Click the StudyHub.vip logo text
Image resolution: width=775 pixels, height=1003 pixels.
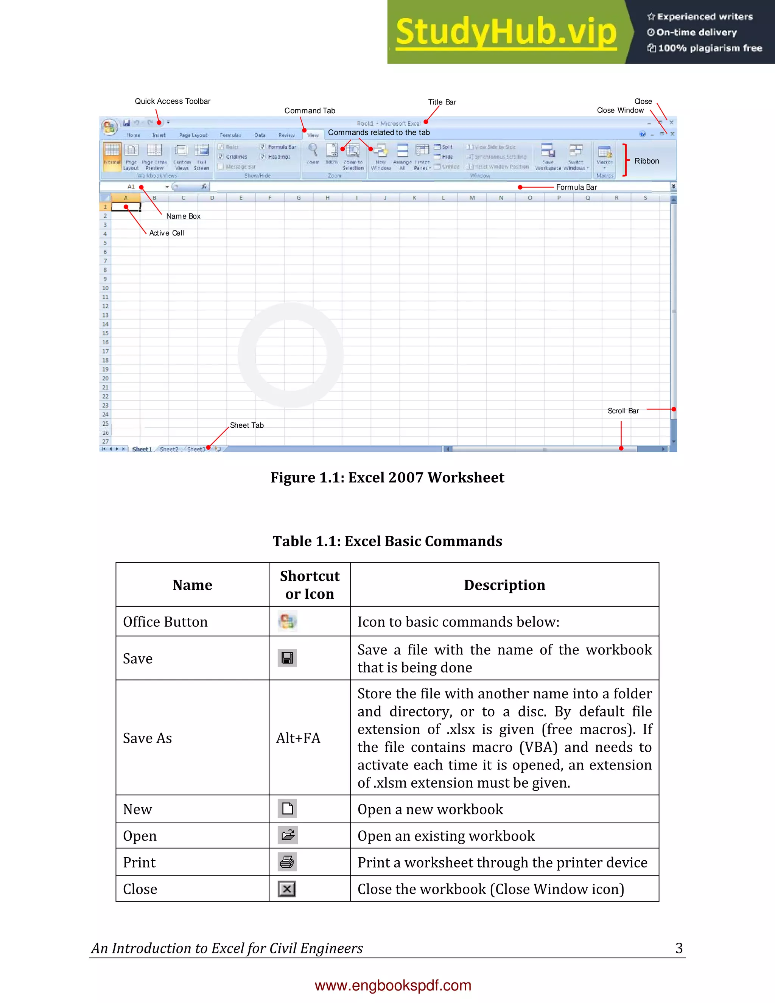(x=506, y=32)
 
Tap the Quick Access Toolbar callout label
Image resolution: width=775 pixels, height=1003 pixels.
(x=172, y=101)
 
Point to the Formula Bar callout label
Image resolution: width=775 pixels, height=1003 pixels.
(x=576, y=187)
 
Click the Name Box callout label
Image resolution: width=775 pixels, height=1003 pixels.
(x=183, y=216)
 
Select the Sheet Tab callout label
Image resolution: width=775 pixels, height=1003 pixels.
(x=247, y=425)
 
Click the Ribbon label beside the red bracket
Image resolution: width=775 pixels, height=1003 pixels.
(x=646, y=161)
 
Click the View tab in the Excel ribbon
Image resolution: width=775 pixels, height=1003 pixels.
(x=313, y=135)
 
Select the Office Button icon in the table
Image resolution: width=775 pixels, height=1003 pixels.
(x=288, y=621)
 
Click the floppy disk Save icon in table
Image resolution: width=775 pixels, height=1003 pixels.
(x=287, y=658)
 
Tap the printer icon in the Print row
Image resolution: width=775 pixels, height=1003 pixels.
(x=287, y=862)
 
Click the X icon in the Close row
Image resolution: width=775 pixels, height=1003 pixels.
(x=287, y=889)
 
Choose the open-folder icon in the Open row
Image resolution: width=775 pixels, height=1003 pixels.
(x=288, y=835)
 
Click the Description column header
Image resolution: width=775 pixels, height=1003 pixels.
(x=504, y=585)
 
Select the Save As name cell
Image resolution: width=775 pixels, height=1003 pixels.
(x=147, y=738)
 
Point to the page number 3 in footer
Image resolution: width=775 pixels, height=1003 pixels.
(x=679, y=948)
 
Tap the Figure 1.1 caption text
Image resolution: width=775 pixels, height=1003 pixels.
(x=387, y=478)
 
